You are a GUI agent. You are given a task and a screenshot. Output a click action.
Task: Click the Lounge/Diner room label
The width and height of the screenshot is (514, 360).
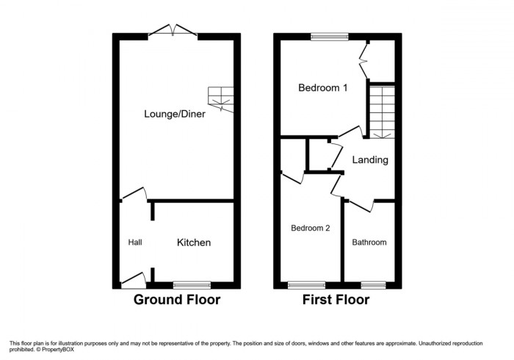click(x=174, y=114)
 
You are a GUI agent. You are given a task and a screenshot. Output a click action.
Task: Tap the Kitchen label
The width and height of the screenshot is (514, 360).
click(x=194, y=242)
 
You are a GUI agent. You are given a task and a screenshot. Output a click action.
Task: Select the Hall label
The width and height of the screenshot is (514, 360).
click(x=135, y=242)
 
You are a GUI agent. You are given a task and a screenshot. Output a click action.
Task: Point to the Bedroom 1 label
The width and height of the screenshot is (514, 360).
click(x=322, y=87)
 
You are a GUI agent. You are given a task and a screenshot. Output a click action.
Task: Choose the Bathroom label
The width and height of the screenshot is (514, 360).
click(x=369, y=242)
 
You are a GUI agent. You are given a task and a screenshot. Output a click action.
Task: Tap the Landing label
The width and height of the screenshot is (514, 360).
click(x=370, y=159)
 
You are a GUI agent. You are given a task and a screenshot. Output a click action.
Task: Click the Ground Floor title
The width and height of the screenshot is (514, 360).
click(x=176, y=300)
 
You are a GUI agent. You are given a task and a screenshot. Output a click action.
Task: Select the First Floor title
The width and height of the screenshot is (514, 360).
click(x=336, y=300)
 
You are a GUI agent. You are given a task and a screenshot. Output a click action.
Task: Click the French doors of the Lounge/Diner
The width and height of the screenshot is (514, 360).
click(x=173, y=32)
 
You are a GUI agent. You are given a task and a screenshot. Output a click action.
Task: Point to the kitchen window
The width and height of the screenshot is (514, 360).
click(x=192, y=284)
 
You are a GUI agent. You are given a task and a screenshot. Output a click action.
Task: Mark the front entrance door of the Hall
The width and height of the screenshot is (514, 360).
click(x=134, y=279)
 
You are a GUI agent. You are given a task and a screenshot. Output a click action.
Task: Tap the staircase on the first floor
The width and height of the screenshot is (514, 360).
click(x=381, y=111)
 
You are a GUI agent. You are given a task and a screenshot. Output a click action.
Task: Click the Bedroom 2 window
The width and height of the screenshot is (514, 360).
click(x=307, y=284)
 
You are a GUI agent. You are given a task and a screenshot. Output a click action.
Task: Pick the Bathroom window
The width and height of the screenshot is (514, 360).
click(x=372, y=284)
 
